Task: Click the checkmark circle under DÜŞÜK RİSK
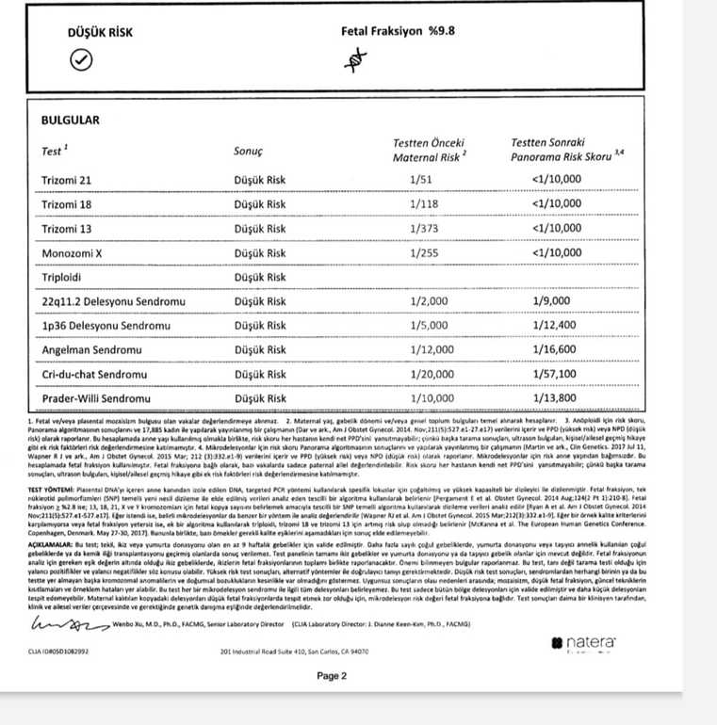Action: click(80, 61)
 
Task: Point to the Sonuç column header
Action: click(248, 151)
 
